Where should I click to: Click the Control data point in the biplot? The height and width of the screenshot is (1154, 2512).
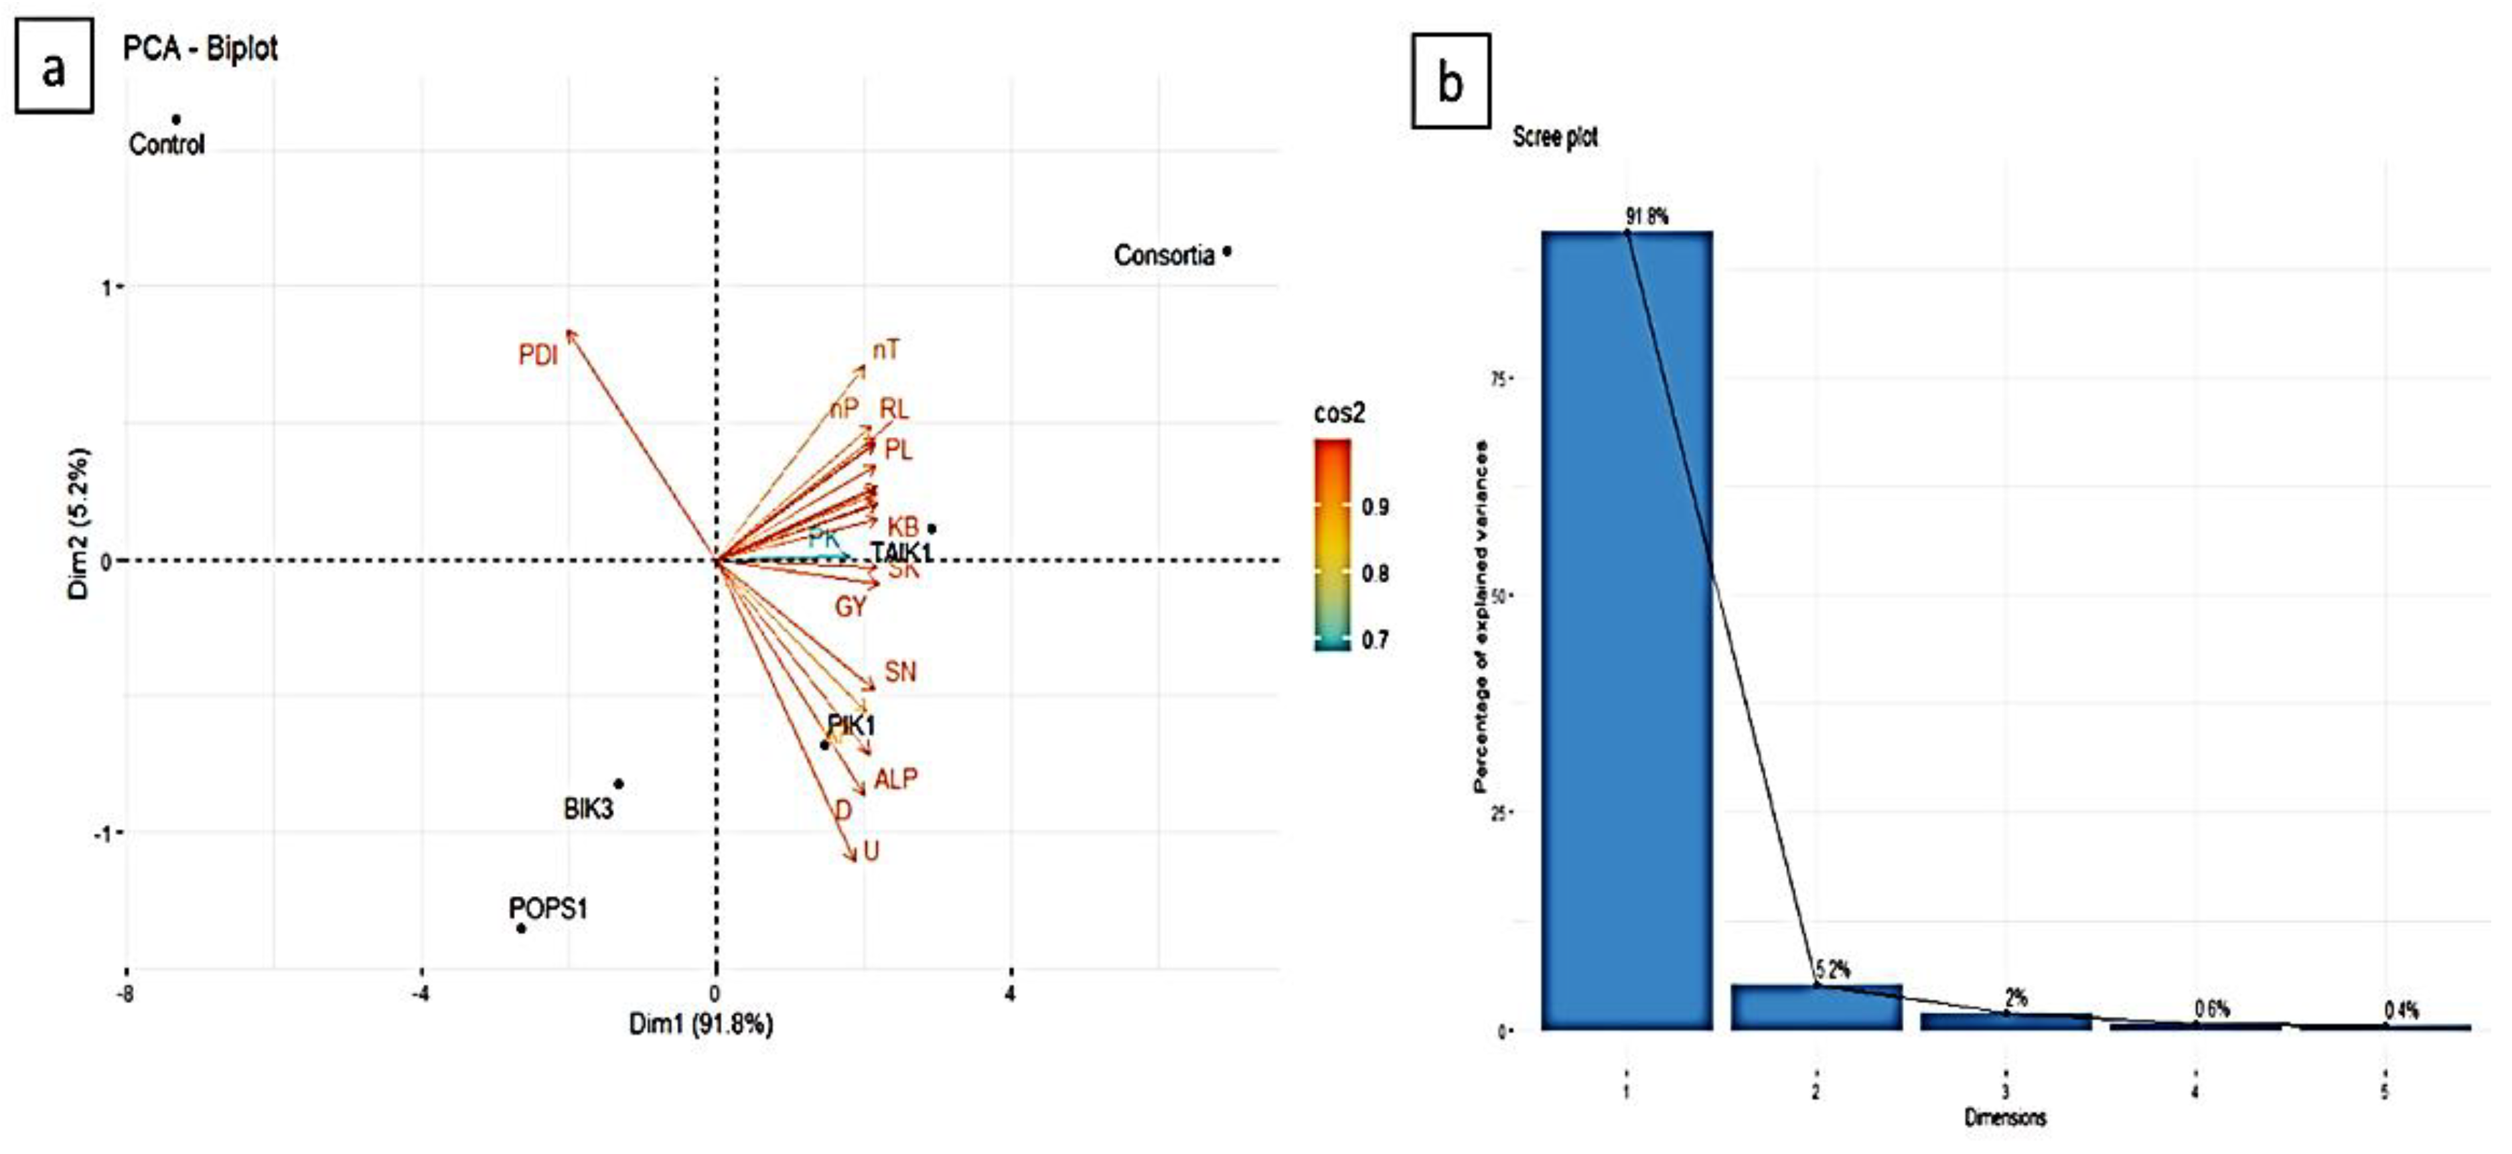tap(177, 120)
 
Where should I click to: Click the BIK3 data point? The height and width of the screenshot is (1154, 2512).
tap(618, 784)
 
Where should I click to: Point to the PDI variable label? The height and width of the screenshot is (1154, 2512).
tap(537, 355)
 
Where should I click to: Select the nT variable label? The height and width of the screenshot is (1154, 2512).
tap(885, 349)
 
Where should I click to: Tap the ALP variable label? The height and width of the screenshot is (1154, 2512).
tap(895, 779)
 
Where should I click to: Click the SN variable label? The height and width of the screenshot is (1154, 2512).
tap(900, 671)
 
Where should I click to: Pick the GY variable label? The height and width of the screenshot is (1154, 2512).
tap(849, 606)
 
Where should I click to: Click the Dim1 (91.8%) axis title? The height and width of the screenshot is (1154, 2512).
tap(700, 1023)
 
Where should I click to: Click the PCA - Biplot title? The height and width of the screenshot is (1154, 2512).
tap(200, 48)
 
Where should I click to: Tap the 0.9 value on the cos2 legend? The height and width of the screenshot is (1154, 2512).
tap(1375, 506)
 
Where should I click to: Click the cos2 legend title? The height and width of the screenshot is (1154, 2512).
tap(1339, 413)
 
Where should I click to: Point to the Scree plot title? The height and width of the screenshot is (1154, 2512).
tap(1554, 137)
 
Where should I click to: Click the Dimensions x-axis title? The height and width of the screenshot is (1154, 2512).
tap(2005, 1118)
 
